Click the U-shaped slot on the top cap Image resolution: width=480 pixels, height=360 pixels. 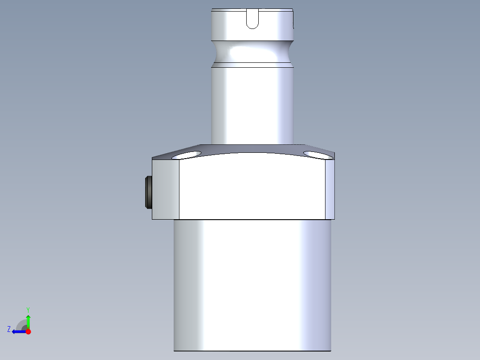tap(252, 20)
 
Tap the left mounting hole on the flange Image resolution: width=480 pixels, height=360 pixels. tap(187, 155)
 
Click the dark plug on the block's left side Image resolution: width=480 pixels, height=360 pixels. tap(148, 192)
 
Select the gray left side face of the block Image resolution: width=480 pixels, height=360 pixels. tap(166, 189)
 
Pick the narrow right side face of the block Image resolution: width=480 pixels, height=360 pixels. tap(329, 189)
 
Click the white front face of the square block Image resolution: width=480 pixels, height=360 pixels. tap(252, 187)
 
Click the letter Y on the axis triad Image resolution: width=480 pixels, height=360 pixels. tap(28, 309)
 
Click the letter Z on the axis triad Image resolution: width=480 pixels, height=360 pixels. tap(9, 329)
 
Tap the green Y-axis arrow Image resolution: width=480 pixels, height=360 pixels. tap(28, 320)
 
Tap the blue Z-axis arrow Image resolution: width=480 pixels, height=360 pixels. tap(18, 331)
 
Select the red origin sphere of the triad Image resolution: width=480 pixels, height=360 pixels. tap(28, 331)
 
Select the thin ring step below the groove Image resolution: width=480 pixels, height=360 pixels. tap(252, 65)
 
